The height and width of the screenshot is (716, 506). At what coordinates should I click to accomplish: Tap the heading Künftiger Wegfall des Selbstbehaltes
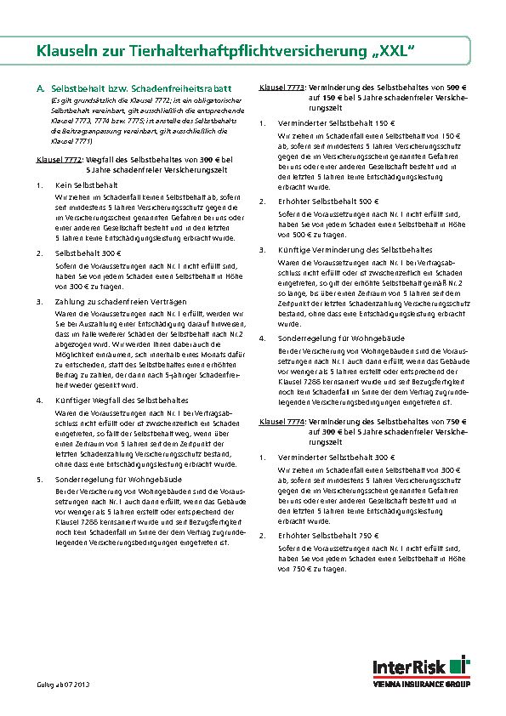[x=116, y=399]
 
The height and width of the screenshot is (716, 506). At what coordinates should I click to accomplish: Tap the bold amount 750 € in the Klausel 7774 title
[x=457, y=422]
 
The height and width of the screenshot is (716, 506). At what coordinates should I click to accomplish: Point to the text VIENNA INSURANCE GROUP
[x=423, y=683]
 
